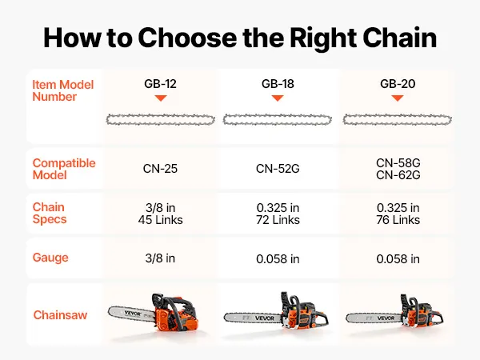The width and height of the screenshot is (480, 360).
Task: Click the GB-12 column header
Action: pyautogui.click(x=160, y=83)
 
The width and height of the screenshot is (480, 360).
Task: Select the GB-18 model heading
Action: pyautogui.click(x=278, y=83)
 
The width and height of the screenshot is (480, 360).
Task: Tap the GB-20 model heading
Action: pyautogui.click(x=398, y=83)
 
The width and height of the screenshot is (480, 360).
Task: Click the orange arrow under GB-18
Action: pyautogui.click(x=278, y=98)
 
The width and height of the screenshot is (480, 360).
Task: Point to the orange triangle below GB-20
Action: pyautogui.click(x=398, y=98)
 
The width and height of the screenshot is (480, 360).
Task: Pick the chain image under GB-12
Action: pyautogui.click(x=161, y=120)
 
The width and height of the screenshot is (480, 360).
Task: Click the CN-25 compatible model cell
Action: pyautogui.click(x=160, y=169)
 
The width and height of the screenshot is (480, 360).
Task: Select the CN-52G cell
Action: pyautogui.click(x=278, y=169)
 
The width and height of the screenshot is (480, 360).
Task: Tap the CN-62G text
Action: pyautogui.click(x=398, y=175)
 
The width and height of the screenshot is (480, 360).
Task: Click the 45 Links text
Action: pyautogui.click(x=161, y=220)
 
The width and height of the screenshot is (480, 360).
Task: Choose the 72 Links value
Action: pyautogui.click(x=278, y=220)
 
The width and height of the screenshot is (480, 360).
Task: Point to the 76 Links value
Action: pyautogui.click(x=398, y=220)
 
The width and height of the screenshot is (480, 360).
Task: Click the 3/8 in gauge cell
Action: pyautogui.click(x=160, y=258)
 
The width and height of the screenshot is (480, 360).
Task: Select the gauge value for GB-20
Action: pyautogui.click(x=398, y=259)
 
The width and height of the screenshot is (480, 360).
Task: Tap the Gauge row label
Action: pyautogui.click(x=50, y=258)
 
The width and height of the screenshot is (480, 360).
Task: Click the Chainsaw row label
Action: pyautogui.click(x=60, y=315)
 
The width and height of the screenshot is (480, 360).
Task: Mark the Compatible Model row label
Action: pyautogui.click(x=64, y=169)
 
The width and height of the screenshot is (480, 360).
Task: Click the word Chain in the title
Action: pyautogui.click(x=399, y=38)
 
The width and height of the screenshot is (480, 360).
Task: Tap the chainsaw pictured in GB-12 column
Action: pyautogui.click(x=153, y=315)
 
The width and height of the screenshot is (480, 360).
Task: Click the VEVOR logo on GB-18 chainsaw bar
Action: pyautogui.click(x=265, y=318)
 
